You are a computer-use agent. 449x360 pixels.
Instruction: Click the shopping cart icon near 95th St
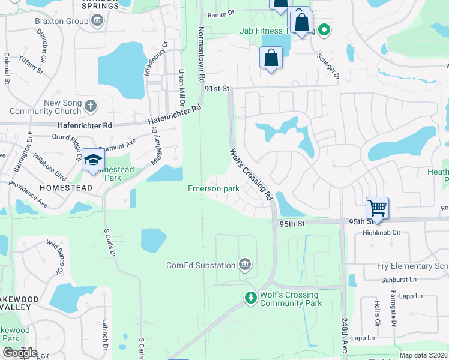click(377, 208)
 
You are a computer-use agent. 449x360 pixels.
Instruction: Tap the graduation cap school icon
click(93, 160)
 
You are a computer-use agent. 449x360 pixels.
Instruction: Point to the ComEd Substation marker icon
click(244, 264)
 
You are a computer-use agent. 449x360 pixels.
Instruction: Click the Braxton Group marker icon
click(97, 20)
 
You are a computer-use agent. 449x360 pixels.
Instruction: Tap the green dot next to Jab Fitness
click(324, 28)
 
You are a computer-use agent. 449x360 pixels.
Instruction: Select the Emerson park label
click(214, 189)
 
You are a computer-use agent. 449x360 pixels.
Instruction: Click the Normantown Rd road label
click(202, 55)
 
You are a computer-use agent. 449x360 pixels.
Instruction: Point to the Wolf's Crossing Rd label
click(251, 174)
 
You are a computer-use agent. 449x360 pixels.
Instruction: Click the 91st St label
click(217, 88)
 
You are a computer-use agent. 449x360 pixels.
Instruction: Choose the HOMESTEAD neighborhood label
click(66, 188)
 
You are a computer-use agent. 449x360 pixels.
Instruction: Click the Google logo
click(20, 353)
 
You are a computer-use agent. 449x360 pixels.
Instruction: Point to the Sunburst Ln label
click(399, 280)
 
